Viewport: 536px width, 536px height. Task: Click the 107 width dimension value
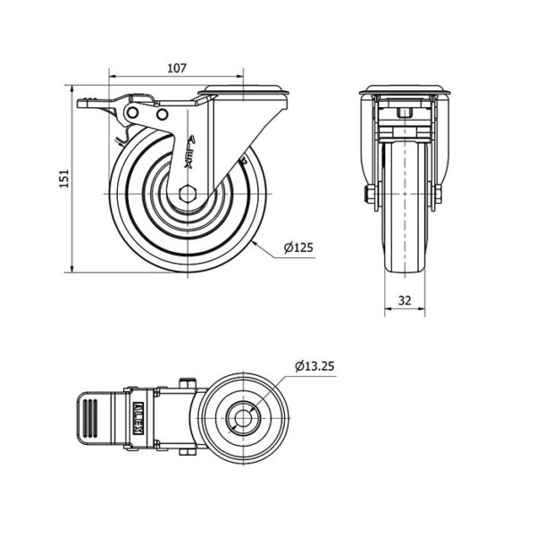coord(177,69)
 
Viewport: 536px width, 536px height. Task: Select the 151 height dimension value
coord(64,179)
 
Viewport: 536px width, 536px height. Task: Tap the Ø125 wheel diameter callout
coord(298,247)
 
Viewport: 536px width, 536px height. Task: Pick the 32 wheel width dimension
coord(405,300)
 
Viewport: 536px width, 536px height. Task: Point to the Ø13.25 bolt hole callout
coord(314,366)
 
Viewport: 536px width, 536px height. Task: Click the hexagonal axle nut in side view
coord(188,194)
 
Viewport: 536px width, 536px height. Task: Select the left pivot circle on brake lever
coord(132,113)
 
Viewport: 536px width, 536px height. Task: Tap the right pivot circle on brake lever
coord(163,114)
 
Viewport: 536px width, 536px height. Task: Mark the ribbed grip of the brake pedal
coord(90,418)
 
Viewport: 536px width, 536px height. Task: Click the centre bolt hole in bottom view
coord(243,418)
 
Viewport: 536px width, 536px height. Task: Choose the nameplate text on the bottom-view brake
coord(139,418)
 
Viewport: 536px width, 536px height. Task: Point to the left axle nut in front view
coord(371,194)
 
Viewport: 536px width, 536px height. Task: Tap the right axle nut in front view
coord(438,194)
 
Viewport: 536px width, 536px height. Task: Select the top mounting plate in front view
coord(405,90)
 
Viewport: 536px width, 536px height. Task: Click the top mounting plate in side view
coord(243,89)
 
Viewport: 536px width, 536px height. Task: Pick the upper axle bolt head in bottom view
coord(188,383)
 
